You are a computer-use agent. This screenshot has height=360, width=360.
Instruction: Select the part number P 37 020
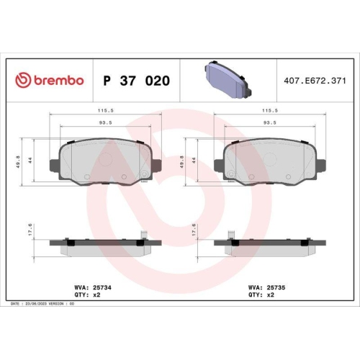point(137,80)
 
